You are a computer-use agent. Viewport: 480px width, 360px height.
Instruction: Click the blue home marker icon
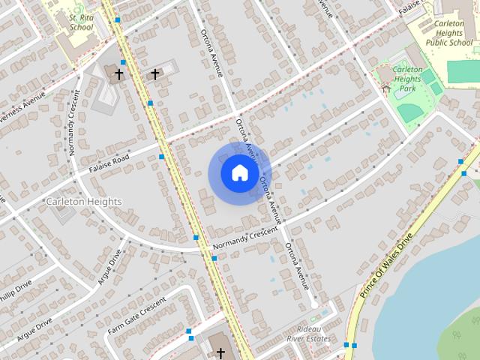click(x=239, y=173)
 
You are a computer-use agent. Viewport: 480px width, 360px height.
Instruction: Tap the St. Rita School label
click(x=81, y=22)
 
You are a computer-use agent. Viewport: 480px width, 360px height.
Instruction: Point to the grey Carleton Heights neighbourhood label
click(x=83, y=201)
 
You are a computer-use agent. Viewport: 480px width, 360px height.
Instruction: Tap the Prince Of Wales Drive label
click(x=386, y=266)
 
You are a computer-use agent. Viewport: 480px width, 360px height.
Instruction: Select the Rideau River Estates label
click(x=313, y=334)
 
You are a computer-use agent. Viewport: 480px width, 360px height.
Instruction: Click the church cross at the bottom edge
click(x=220, y=352)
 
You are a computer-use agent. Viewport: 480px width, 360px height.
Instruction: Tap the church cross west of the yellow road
click(x=118, y=74)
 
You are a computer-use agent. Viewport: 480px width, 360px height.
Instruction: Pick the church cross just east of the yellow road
click(x=155, y=73)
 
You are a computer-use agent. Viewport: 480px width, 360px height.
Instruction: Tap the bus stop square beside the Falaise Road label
click(x=161, y=157)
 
